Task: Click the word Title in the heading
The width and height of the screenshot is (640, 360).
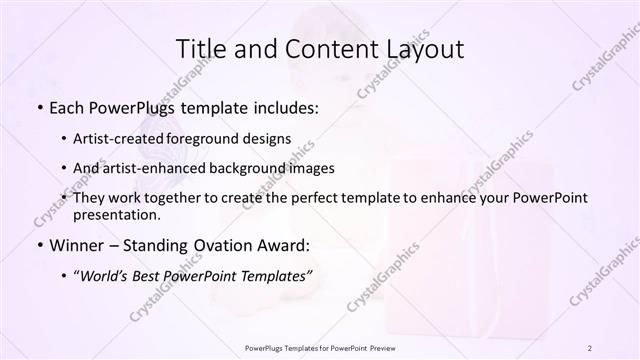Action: pos(200,48)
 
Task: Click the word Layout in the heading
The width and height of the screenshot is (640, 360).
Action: pos(426,48)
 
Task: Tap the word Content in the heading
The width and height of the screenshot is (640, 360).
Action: pos(322,48)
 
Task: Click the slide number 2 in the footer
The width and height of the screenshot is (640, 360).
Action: pos(590,347)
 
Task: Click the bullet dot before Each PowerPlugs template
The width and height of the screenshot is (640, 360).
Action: pos(39,105)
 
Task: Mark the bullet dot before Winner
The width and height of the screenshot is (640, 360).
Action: pos(39,244)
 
